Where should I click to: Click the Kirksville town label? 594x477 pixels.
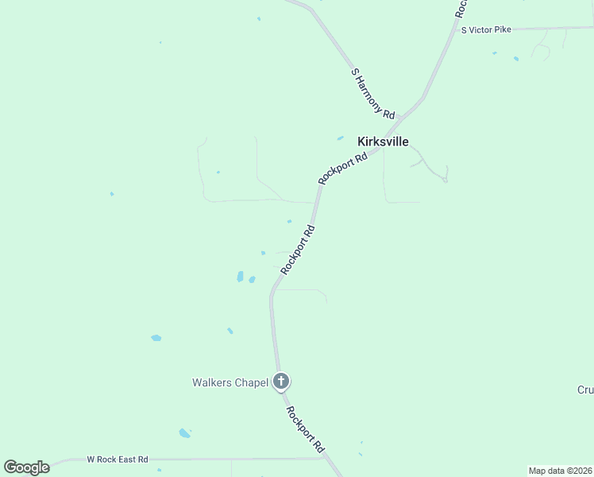(x=383, y=142)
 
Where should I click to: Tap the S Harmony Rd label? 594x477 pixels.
(x=372, y=94)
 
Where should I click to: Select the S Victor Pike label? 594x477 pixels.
(x=486, y=29)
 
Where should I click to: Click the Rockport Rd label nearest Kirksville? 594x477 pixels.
(x=343, y=169)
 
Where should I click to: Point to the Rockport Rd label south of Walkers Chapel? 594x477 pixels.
(x=305, y=430)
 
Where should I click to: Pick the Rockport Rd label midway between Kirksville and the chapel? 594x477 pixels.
(x=298, y=250)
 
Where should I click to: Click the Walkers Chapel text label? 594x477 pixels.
(x=229, y=382)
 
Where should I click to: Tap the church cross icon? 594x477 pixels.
(x=280, y=382)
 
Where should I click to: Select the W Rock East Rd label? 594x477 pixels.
(x=117, y=460)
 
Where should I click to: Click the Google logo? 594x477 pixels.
(x=26, y=467)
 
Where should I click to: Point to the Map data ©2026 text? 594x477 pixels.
(x=560, y=471)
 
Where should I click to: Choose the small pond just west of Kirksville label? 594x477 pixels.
(x=340, y=138)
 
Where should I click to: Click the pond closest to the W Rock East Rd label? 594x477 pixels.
(x=184, y=433)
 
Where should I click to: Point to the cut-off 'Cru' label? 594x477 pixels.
(x=585, y=390)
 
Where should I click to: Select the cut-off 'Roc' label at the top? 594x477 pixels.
(x=461, y=8)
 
